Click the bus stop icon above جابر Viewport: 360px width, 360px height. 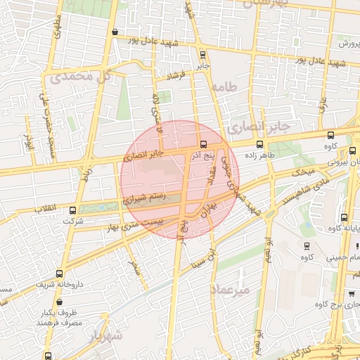[x=202, y=54]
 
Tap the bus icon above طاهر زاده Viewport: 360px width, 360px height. [x=259, y=144]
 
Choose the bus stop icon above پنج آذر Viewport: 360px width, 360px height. [x=204, y=144]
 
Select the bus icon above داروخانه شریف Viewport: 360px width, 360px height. [x=59, y=274]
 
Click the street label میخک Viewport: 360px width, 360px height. [x=304, y=171]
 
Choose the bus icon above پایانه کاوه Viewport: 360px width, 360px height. [x=344, y=217]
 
